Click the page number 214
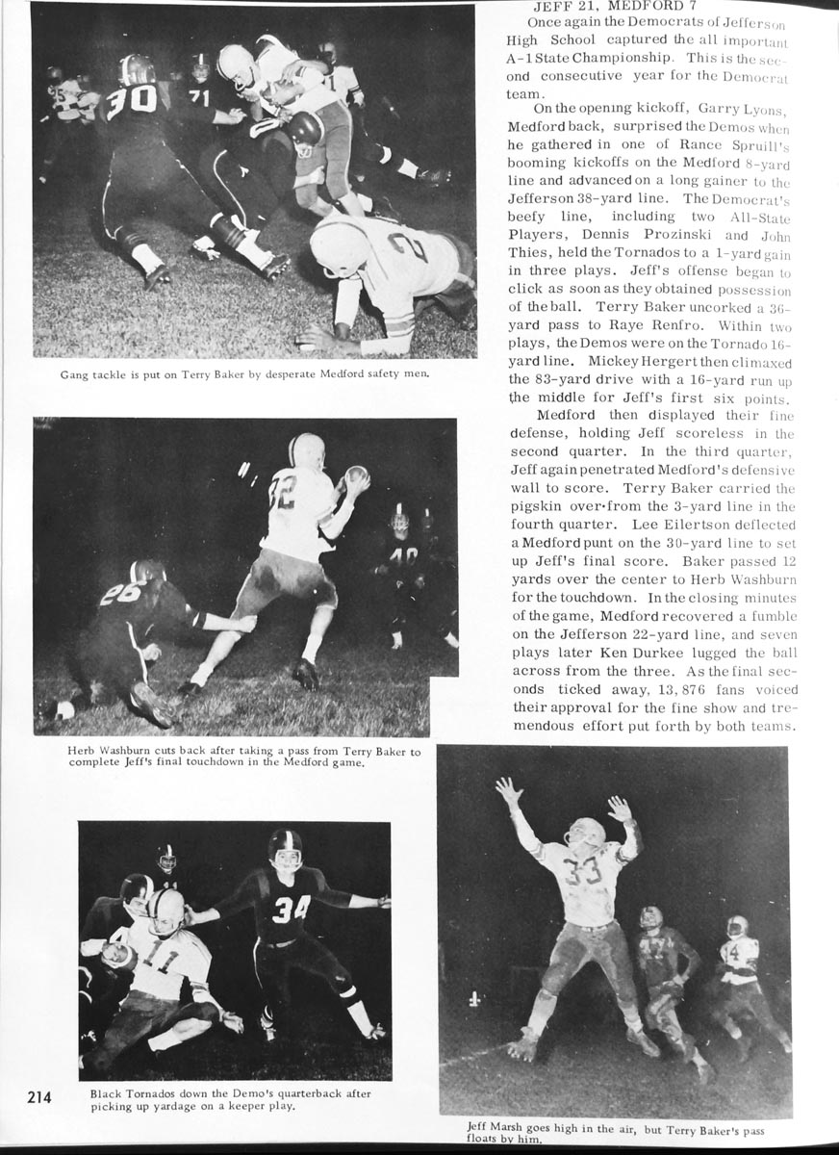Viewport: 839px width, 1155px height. [39, 1097]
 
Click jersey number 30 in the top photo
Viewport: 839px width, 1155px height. [131, 101]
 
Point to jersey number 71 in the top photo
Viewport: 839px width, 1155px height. [199, 97]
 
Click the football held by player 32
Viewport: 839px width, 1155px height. [356, 475]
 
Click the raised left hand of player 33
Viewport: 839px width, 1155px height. [508, 791]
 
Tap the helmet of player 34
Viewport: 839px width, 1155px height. [285, 845]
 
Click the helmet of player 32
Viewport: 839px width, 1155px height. [307, 449]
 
